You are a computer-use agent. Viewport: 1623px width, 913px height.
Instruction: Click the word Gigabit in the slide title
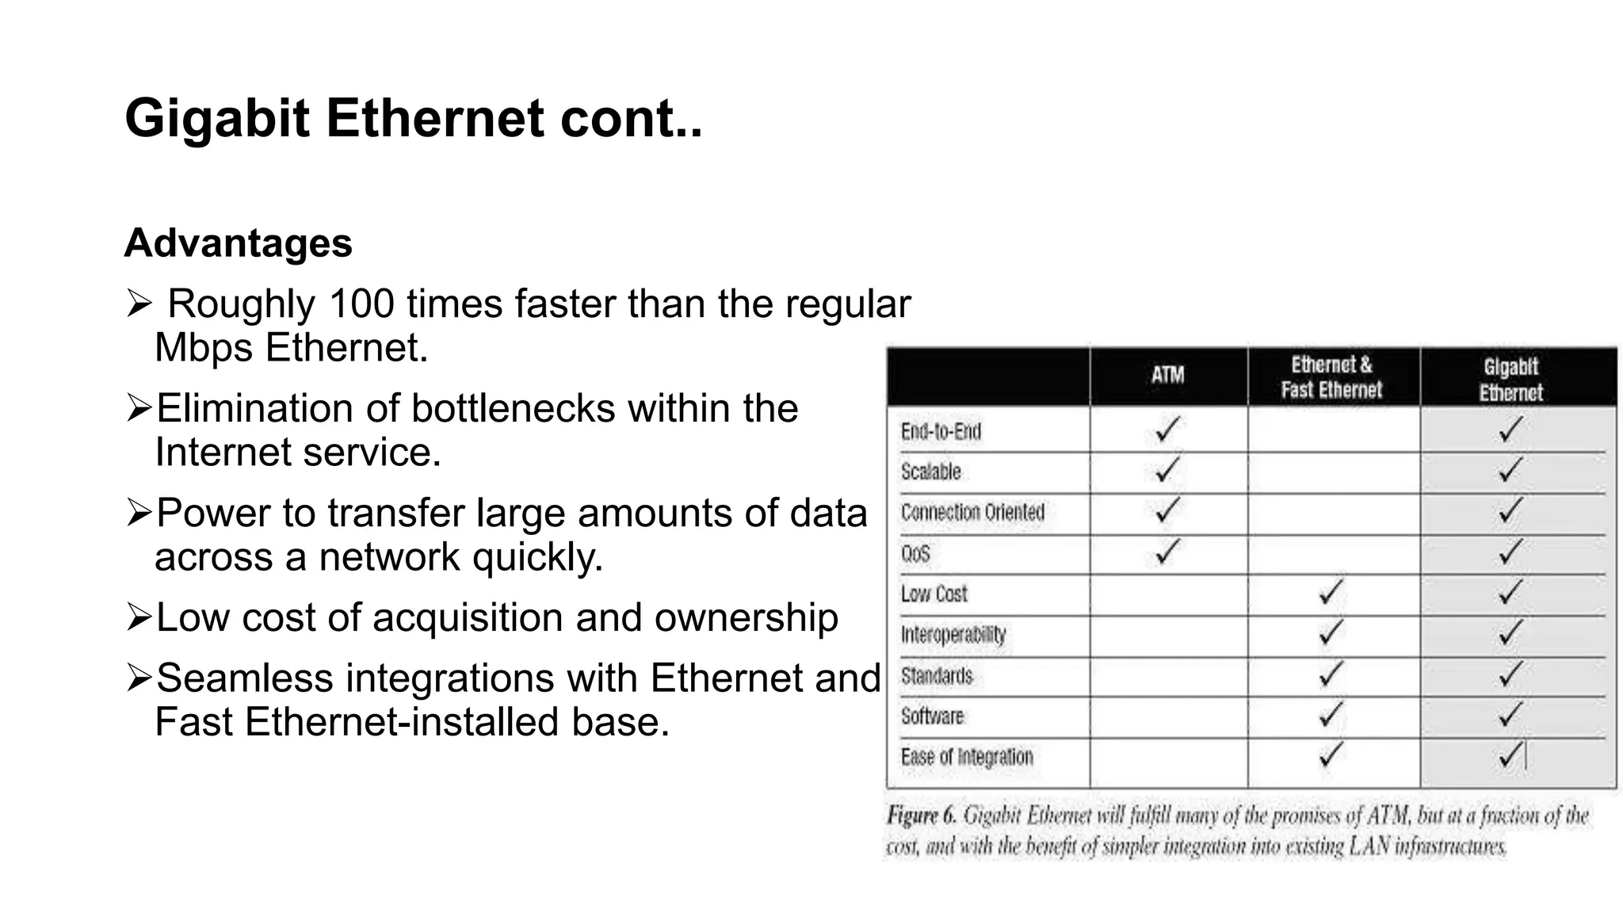tap(216, 119)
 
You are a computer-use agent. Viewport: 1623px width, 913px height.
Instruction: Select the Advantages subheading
tap(238, 243)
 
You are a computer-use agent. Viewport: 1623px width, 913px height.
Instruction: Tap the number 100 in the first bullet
tap(361, 304)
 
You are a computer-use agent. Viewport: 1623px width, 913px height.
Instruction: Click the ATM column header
tap(1167, 375)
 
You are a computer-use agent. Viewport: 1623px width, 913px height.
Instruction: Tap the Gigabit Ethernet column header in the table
tap(1510, 380)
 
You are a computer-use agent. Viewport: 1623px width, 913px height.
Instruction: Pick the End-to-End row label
tap(941, 432)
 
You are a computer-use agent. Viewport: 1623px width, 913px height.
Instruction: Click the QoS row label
tap(915, 553)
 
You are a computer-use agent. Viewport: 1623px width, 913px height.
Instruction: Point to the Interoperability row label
tap(953, 635)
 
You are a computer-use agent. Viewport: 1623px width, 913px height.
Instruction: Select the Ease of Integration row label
tap(967, 757)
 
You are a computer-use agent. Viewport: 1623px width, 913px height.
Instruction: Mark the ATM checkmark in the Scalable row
tap(1167, 470)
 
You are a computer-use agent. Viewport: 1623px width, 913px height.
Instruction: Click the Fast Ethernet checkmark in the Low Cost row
tap(1331, 592)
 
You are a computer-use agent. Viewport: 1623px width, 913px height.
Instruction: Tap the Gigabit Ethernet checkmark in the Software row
tap(1510, 714)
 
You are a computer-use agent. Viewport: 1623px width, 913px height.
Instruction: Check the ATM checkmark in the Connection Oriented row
tap(1167, 510)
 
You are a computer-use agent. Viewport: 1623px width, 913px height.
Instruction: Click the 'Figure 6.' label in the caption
tap(921, 816)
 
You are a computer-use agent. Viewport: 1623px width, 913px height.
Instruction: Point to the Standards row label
tap(936, 676)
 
